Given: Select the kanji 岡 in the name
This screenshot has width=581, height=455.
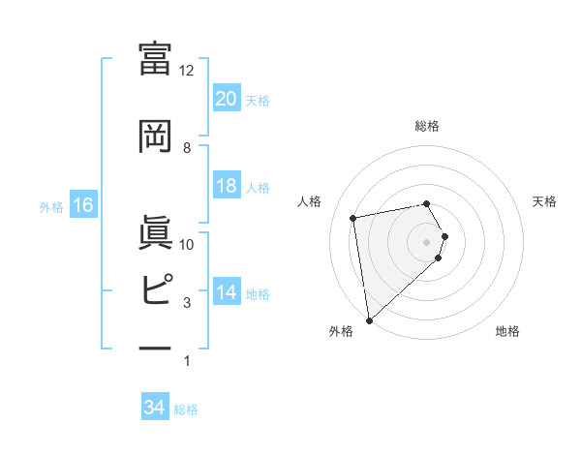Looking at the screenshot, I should click(155, 136).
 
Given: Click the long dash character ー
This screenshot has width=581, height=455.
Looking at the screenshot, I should click(155, 348).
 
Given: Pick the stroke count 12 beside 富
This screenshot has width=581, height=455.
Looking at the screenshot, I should click(187, 71).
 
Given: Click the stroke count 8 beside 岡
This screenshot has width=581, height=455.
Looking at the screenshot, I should click(187, 147).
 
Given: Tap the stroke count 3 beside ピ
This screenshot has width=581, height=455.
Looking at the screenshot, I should click(187, 303).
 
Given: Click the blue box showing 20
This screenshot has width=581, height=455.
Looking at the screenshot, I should click(226, 98).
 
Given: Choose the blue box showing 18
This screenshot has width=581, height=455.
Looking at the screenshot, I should click(226, 186).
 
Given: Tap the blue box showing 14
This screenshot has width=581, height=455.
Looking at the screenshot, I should click(226, 292).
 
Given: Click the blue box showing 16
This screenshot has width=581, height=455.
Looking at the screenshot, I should click(82, 205).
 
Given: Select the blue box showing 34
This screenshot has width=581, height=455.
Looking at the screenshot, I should click(155, 408).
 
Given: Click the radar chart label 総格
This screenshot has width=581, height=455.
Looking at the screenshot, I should click(427, 126).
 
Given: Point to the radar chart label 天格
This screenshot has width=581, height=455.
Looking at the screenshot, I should click(544, 201).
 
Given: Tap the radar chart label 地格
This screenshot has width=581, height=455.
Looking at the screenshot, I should click(507, 331).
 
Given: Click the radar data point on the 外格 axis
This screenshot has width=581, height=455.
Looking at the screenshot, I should click(368, 318).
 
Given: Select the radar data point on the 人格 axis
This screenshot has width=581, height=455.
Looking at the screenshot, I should click(353, 218).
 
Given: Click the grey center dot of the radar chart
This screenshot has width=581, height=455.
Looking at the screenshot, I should click(427, 241).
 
